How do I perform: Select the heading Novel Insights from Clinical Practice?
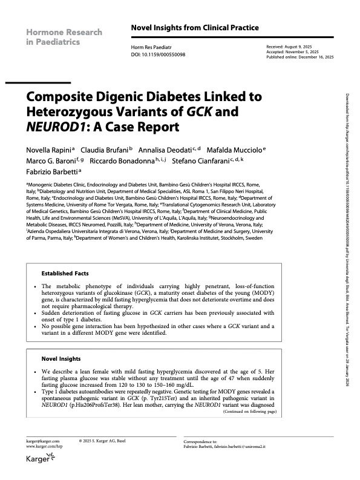click(195, 28)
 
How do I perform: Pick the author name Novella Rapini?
click(45, 150)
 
